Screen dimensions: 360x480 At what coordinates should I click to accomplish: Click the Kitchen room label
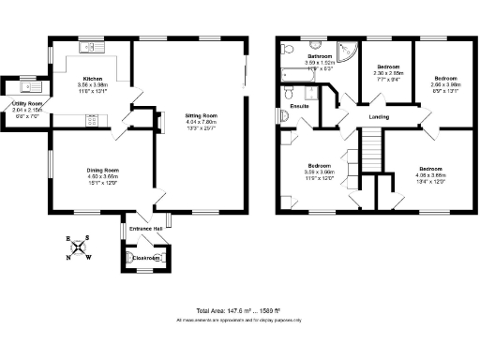point(92,79)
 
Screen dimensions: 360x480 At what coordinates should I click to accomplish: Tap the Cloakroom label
point(144,257)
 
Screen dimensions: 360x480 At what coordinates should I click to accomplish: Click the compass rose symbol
point(82,248)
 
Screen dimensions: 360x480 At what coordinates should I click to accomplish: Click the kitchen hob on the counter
point(91,119)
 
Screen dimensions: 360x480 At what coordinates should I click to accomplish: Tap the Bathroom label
point(323,57)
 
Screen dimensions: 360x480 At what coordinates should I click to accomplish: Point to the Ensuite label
point(301,106)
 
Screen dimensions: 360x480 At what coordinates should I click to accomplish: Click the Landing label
point(380,116)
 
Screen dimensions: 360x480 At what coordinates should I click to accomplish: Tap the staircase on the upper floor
point(374,147)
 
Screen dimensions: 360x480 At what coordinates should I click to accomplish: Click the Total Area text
point(238,310)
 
